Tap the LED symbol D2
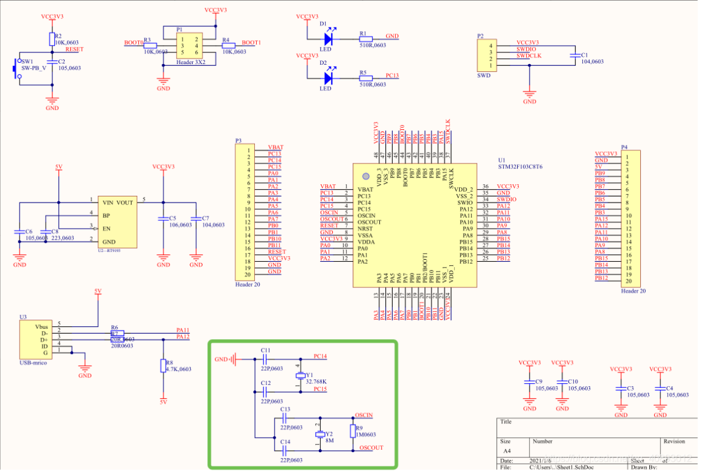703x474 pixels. [328, 77]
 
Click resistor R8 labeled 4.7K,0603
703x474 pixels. [163, 365]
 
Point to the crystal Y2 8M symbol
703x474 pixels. [319, 434]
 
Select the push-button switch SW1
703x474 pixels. [16, 69]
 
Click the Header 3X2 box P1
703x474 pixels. [189, 46]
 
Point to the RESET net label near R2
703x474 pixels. [74, 49]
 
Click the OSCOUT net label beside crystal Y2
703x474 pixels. [371, 448]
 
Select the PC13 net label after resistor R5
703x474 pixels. [392, 76]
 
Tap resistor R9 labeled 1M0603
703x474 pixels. [352, 431]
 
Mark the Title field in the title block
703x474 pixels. [505, 422]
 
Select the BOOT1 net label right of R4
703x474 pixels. [251, 43]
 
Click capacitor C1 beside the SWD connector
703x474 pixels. [573, 56]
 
